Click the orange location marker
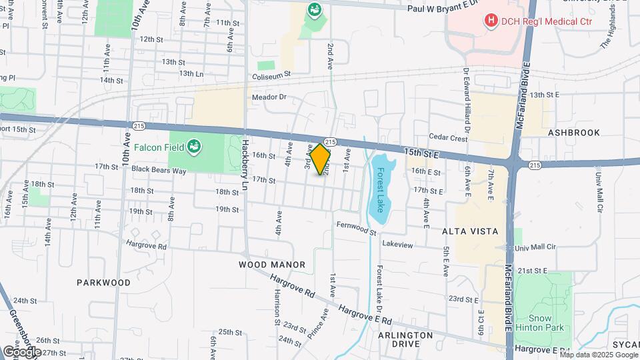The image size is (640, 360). [320, 159]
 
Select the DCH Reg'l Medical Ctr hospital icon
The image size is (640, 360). [491, 21]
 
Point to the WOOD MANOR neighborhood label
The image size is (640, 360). [272, 265]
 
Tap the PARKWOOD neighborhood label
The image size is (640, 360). [103, 282]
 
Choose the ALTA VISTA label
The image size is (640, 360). [470, 231]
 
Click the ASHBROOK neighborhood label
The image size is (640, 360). [575, 133]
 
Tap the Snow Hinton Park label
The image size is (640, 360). [546, 323]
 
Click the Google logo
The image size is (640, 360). [21, 351]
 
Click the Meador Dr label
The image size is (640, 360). [269, 97]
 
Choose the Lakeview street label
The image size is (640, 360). [397, 245]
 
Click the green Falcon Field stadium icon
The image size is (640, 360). [194, 145]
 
